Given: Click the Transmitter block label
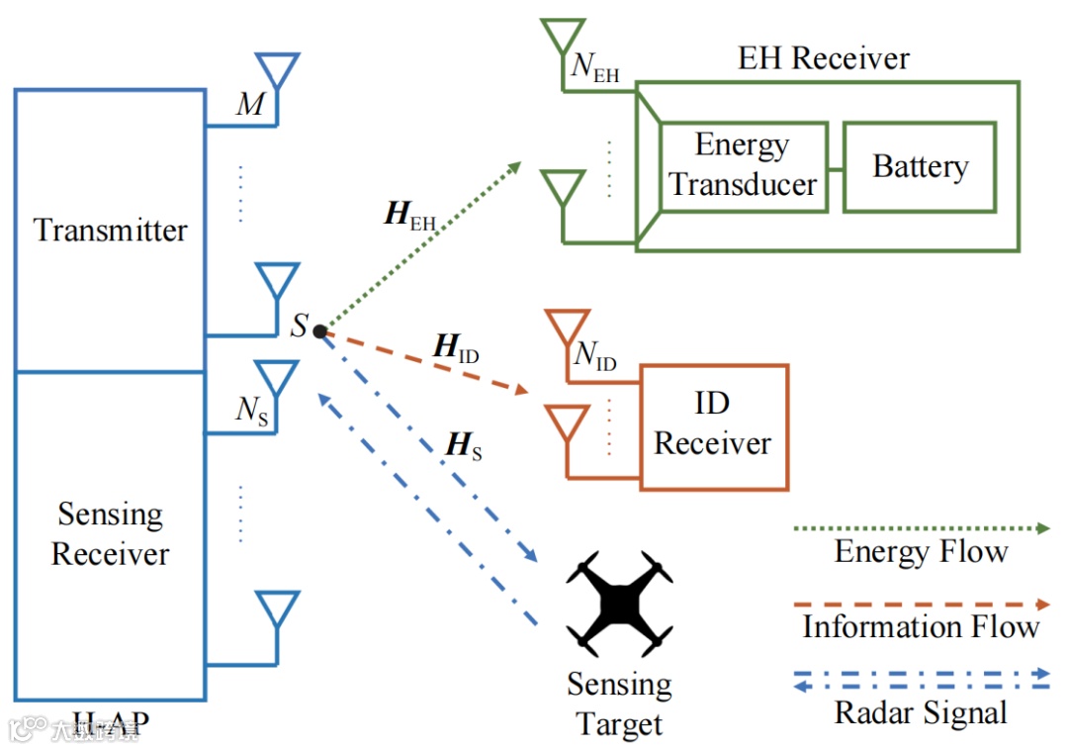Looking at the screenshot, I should pyautogui.click(x=111, y=231).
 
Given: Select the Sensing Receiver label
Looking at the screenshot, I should pyautogui.click(x=110, y=534).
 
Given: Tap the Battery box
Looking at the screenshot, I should pyautogui.click(x=920, y=166).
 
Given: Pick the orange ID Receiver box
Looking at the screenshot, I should pyautogui.click(x=713, y=425).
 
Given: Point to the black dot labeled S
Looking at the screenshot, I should pyautogui.click(x=320, y=331).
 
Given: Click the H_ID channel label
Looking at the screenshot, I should pyautogui.click(x=456, y=348).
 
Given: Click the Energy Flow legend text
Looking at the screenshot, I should pyautogui.click(x=921, y=551).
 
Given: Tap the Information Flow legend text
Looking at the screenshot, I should pyautogui.click(x=921, y=626).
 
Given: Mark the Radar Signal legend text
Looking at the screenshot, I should pyautogui.click(x=921, y=712).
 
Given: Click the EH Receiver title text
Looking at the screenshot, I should pyautogui.click(x=824, y=58).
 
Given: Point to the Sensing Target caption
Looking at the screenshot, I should pyautogui.click(x=619, y=703).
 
